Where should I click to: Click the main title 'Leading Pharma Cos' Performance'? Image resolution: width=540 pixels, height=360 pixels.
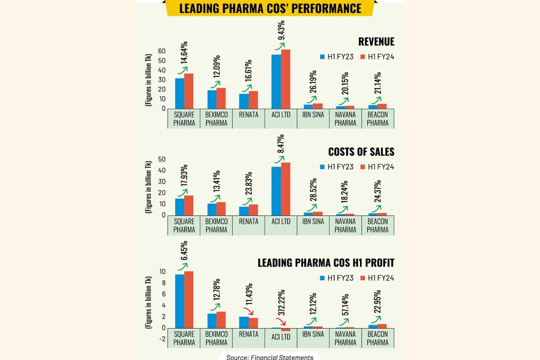click(271, 8)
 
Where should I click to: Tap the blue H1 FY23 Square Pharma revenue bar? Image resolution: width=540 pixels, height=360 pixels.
click(179, 94)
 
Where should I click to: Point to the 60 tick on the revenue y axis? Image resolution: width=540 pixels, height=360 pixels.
click(161, 51)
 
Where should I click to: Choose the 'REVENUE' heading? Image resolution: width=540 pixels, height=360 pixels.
click(376, 41)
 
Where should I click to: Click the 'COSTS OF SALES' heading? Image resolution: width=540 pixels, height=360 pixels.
click(361, 152)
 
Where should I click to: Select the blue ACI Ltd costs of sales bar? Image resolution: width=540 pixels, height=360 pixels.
click(276, 191)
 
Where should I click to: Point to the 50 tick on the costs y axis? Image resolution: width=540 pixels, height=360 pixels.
click(161, 159)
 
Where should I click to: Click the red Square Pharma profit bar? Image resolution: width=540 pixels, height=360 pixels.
click(188, 300)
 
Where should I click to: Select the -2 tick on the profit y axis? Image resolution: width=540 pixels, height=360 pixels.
click(162, 339)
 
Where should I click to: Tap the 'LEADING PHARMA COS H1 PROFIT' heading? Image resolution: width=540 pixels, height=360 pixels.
click(326, 263)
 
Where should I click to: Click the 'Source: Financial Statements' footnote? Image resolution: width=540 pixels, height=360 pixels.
click(269, 357)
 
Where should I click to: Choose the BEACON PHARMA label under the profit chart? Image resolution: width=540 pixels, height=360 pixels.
click(377, 338)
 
